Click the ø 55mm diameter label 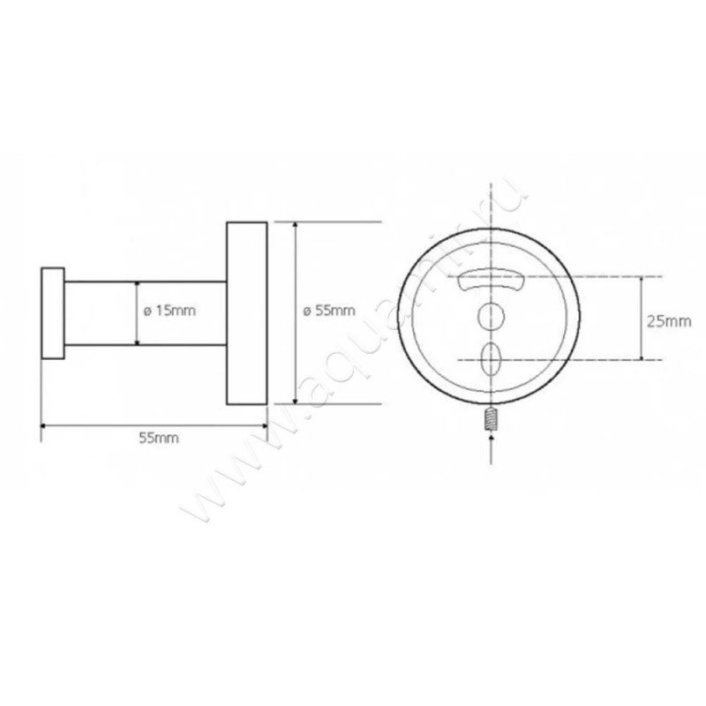(x=328, y=310)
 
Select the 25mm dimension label (x=668, y=321)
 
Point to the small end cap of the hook (x=53, y=312)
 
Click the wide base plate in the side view (x=247, y=312)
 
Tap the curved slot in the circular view (x=491, y=280)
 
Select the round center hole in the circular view (x=491, y=316)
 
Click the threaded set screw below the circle (x=491, y=421)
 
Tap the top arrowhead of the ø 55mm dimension (x=295, y=226)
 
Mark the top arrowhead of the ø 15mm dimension (x=137, y=285)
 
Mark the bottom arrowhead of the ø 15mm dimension (x=137, y=341)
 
